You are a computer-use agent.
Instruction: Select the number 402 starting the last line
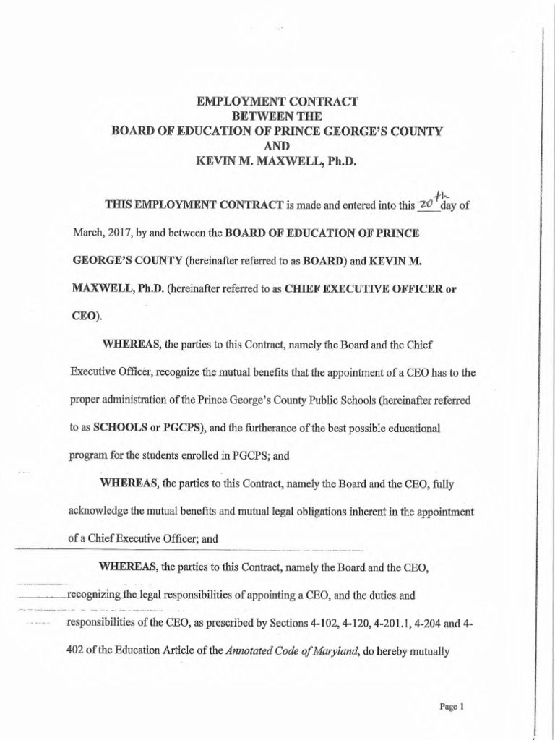click(x=79, y=654)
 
